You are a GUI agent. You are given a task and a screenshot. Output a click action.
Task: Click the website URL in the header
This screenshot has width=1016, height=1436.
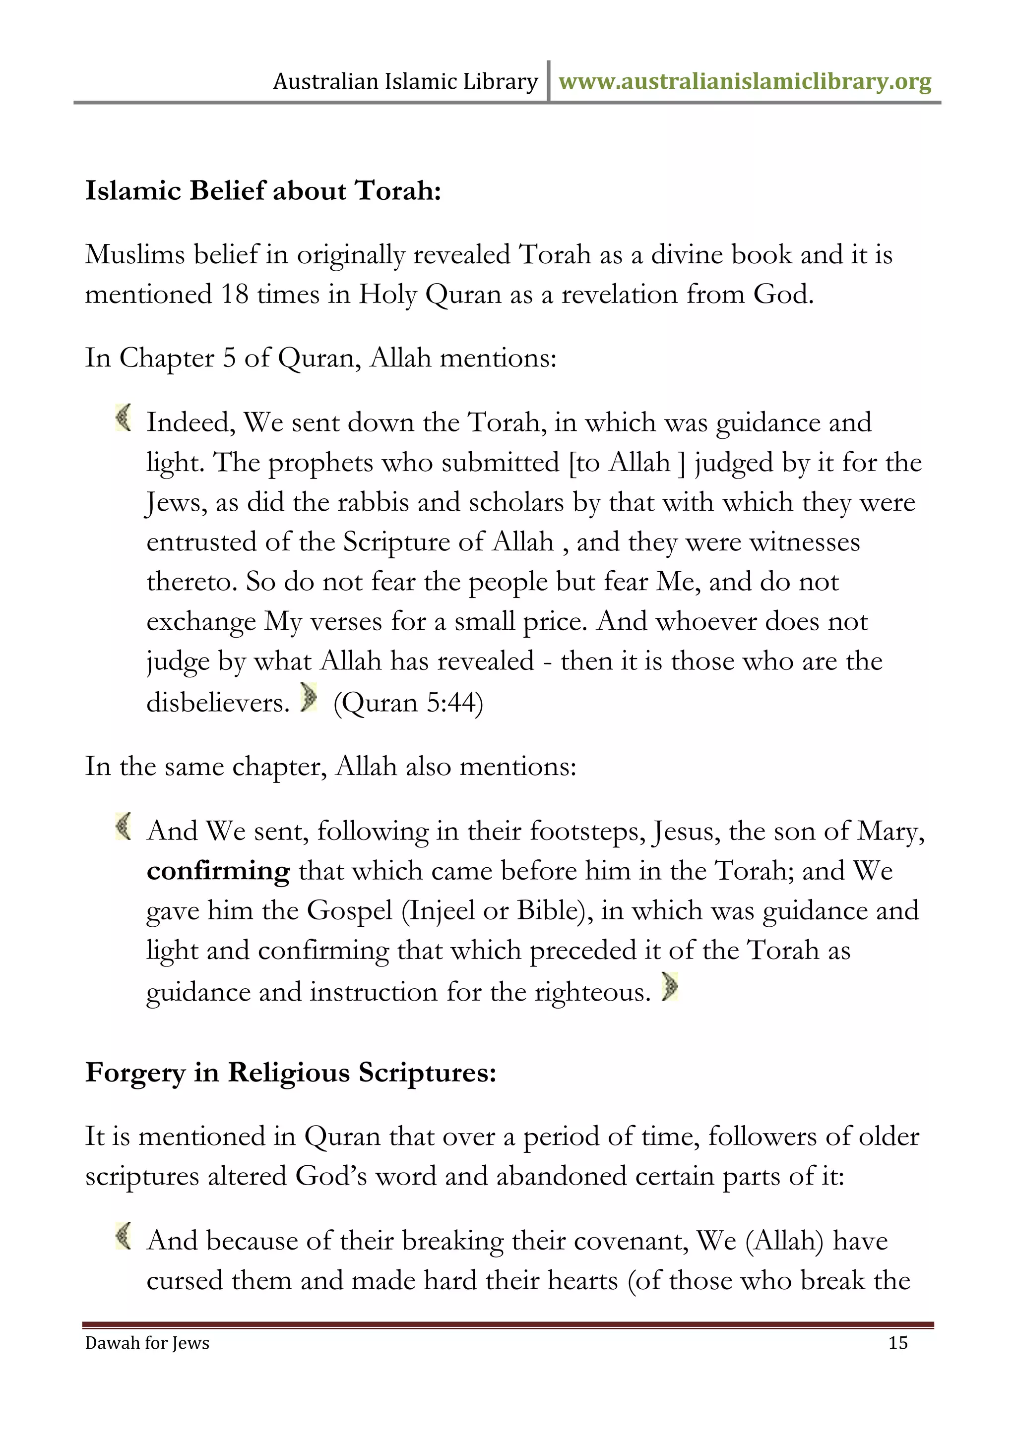pos(745,82)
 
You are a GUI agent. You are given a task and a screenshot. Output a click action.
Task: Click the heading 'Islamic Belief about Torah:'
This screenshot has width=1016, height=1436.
pos(263,191)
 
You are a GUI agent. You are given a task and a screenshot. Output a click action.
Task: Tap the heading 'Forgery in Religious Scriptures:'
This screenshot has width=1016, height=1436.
pos(291,1073)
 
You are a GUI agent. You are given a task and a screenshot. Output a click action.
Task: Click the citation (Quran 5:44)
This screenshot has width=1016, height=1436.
pos(408,703)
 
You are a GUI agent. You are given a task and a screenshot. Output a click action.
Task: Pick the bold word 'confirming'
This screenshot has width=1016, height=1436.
pos(218,871)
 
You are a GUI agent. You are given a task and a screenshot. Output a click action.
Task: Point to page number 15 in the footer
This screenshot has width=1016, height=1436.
pos(898,1343)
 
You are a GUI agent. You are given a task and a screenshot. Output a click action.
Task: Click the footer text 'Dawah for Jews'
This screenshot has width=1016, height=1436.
pos(147,1343)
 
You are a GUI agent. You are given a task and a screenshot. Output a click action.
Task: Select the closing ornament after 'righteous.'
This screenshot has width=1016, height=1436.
pos(669,987)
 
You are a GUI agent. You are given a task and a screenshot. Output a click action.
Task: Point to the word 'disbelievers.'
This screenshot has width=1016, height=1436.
pos(218,703)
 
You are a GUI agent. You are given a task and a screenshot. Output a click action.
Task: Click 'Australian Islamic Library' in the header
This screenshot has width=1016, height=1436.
pos(405,82)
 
